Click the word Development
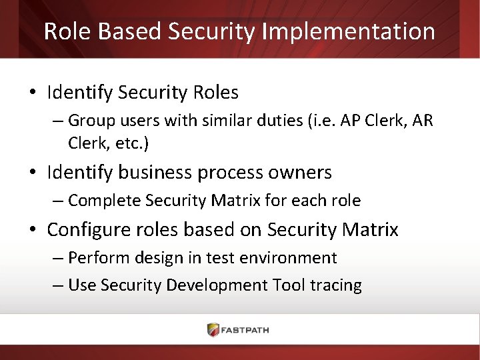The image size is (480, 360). (x=217, y=285)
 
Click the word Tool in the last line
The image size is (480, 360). (x=287, y=285)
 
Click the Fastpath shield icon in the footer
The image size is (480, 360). (x=213, y=330)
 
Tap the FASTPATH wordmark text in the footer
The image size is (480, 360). (x=246, y=330)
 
